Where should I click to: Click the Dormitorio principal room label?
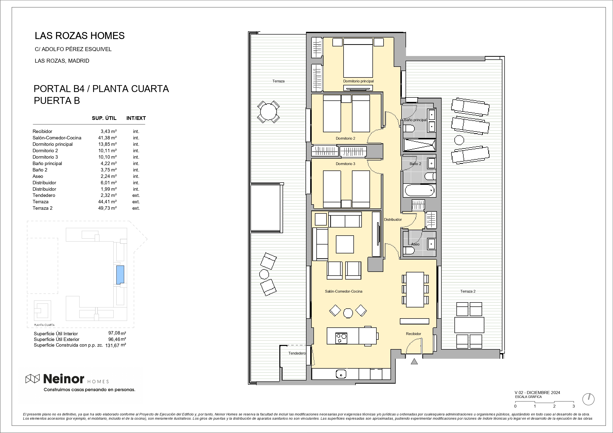(x=358, y=81)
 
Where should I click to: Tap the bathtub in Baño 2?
(x=419, y=190)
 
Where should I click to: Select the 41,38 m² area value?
(x=107, y=138)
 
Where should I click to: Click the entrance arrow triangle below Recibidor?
(x=414, y=361)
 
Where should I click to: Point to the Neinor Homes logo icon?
(x=33, y=378)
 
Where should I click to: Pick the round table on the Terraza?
(x=268, y=112)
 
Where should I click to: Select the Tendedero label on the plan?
(x=297, y=353)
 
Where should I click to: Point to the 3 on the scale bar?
(x=573, y=406)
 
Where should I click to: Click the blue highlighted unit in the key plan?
(x=120, y=275)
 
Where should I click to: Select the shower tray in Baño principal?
(x=419, y=145)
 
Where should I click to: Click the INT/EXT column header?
(x=136, y=118)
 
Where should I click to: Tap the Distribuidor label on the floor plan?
(x=393, y=220)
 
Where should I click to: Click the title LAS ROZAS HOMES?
(x=80, y=36)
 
